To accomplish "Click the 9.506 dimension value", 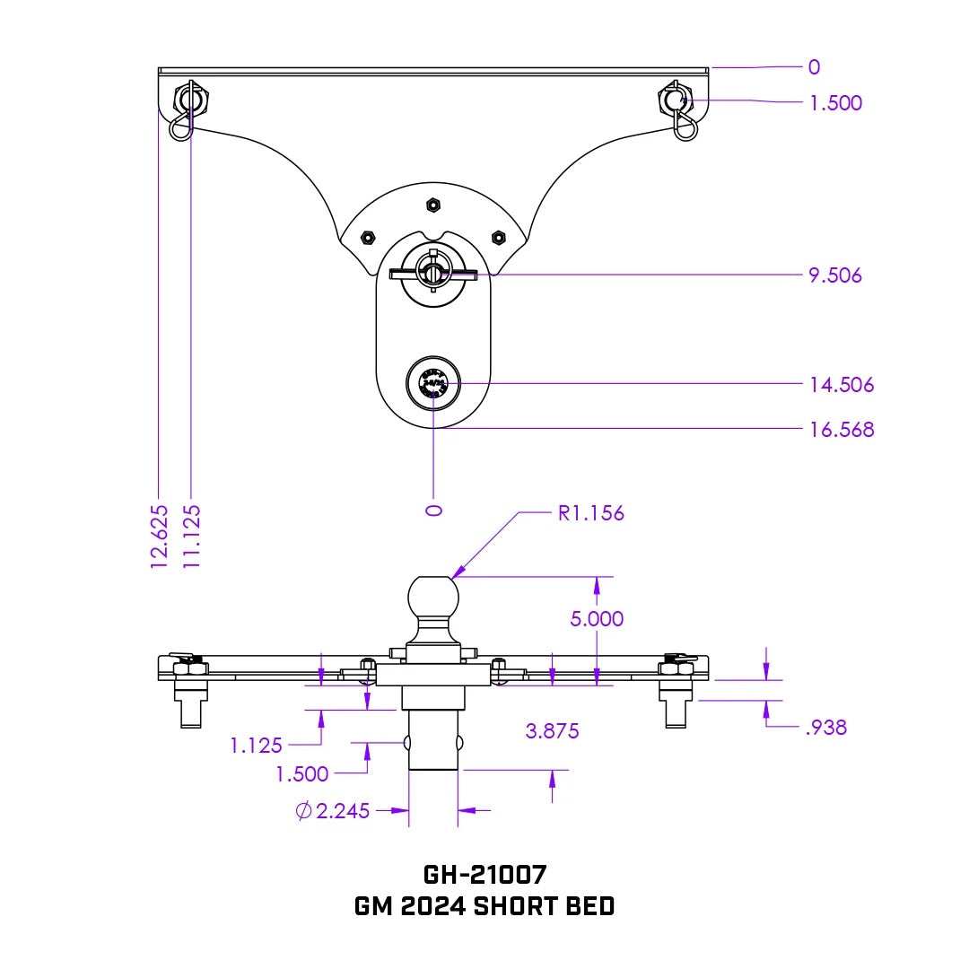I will pos(834,275).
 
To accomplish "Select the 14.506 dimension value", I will pos(841,385).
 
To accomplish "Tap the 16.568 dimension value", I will pos(841,430).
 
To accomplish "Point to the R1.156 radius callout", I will pos(590,514).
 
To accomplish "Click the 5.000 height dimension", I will pos(597,619).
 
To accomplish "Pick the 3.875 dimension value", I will pos(552,731).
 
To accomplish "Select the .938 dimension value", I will pos(825,728).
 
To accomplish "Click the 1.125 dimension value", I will pos(256,745).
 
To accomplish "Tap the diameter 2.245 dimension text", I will pos(333,812).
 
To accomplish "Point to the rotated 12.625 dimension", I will pos(159,536).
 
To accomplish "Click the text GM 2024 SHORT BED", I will pos(484,906).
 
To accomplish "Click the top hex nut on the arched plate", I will pos(433,205).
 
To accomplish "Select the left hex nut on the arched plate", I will pos(367,238).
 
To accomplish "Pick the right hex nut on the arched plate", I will pos(498,238).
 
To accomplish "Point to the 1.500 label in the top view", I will pos(834,103).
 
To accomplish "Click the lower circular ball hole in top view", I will pos(433,383).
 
